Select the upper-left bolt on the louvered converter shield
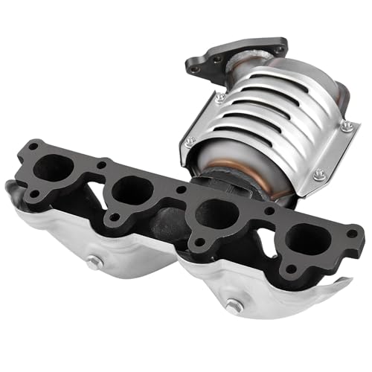(x=220, y=97)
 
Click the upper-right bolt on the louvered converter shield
(x=347, y=126)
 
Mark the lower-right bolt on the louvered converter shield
(x=319, y=175)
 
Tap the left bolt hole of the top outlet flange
(x=195, y=69)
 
